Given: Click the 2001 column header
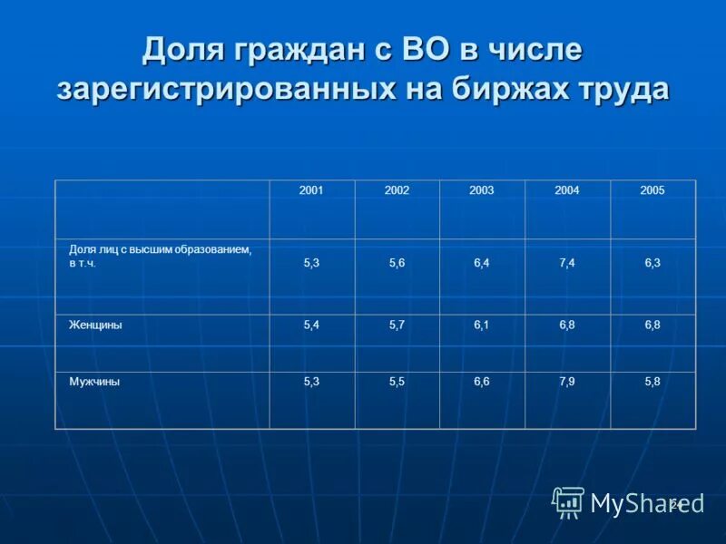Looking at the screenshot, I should [x=312, y=190].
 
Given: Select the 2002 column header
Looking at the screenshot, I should [x=397, y=190].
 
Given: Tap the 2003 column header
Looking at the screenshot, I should [x=482, y=190].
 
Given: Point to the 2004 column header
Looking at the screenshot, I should [x=567, y=190].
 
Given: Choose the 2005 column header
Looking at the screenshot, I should [x=652, y=190].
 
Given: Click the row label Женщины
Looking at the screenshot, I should [x=95, y=325].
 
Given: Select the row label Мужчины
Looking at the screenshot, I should [x=94, y=382].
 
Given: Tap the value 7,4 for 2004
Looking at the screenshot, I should [x=567, y=263].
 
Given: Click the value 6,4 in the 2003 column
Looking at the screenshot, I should [x=482, y=263].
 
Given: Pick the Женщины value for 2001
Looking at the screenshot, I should [x=312, y=325].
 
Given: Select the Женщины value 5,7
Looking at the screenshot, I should [x=397, y=325].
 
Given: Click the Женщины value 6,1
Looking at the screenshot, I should [x=482, y=325].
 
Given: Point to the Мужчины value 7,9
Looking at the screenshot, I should [x=567, y=382].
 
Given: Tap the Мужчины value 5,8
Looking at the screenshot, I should [x=652, y=382].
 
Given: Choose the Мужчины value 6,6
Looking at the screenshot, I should [x=482, y=382].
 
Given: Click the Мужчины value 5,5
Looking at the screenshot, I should [x=397, y=382].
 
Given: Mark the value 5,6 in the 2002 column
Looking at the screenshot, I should [x=397, y=263].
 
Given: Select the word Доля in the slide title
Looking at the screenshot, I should [x=186, y=50].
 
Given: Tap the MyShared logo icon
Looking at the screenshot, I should [x=568, y=501].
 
